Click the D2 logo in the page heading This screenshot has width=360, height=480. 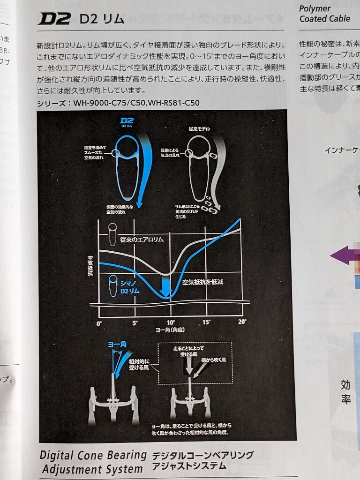[54, 19]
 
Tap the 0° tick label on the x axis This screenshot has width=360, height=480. [99, 323]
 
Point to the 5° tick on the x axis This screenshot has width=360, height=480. [135, 323]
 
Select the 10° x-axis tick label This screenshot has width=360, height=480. [170, 323]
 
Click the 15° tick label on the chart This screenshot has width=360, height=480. [206, 322]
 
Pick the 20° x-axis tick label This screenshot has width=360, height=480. [242, 322]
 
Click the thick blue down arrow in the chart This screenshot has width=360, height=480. [165, 285]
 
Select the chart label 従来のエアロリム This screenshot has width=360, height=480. [142, 240]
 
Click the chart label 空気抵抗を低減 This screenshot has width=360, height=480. [202, 282]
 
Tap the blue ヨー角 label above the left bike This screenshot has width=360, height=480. [117, 345]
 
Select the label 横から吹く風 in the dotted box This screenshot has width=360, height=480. [214, 360]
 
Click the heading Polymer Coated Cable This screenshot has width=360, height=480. [324, 14]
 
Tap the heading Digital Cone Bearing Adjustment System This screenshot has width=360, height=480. [93, 461]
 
